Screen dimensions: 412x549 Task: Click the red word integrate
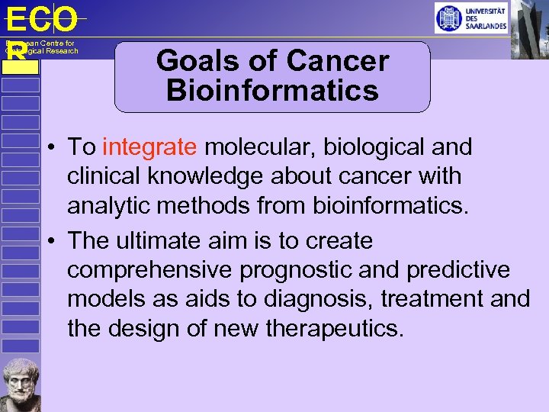pos(149,146)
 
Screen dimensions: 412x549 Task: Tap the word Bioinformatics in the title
pos(272,91)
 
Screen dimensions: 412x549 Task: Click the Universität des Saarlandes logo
pos(470,18)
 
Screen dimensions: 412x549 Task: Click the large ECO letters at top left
pos(41,18)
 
